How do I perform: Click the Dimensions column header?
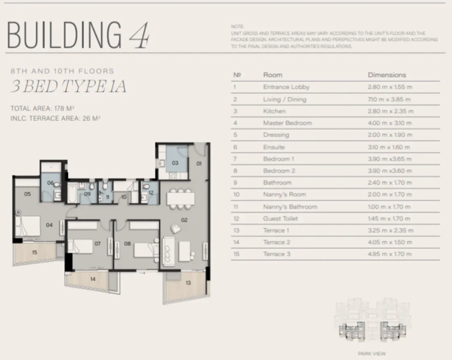387,75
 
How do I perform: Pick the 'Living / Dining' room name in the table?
284,99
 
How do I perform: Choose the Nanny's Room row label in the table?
284,194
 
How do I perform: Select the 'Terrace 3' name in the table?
276,254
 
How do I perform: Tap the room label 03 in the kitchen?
175,163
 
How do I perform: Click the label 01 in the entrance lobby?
199,163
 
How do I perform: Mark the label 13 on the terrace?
188,283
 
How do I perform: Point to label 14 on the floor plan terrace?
93,279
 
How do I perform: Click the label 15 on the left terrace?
35,252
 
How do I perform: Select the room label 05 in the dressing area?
27,194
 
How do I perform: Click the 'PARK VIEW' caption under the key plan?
371,354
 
